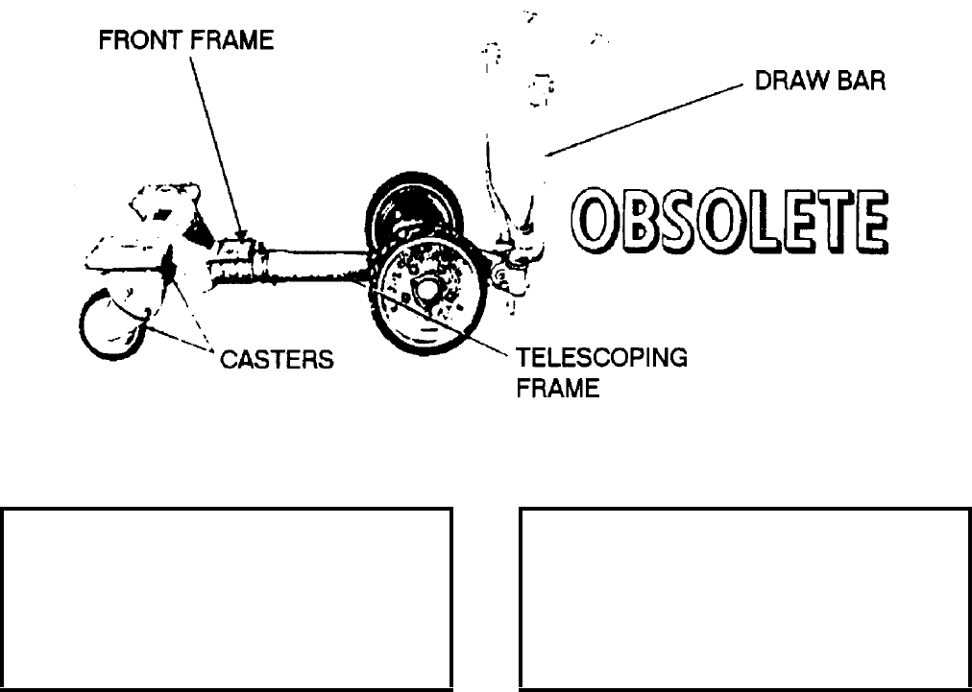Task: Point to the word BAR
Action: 858,82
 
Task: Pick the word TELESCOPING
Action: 602,358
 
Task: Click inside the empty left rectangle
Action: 227,599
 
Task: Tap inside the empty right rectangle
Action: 745,599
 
